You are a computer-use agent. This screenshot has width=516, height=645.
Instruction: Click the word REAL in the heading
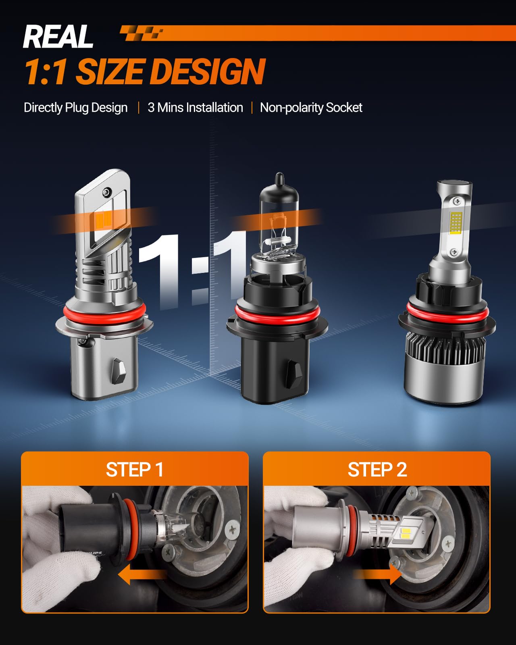(x=58, y=37)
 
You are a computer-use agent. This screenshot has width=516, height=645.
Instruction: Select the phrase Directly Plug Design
(x=76, y=108)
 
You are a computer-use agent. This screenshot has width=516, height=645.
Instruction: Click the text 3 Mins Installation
(x=195, y=108)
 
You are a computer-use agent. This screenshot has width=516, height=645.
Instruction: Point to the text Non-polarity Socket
(x=311, y=108)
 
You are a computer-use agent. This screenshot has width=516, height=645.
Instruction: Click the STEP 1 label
(x=134, y=470)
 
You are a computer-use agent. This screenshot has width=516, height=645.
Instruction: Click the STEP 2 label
(x=377, y=470)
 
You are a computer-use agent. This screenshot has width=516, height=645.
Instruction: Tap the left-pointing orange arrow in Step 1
(x=141, y=574)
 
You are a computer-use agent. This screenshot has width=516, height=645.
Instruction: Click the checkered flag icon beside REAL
(x=141, y=33)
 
